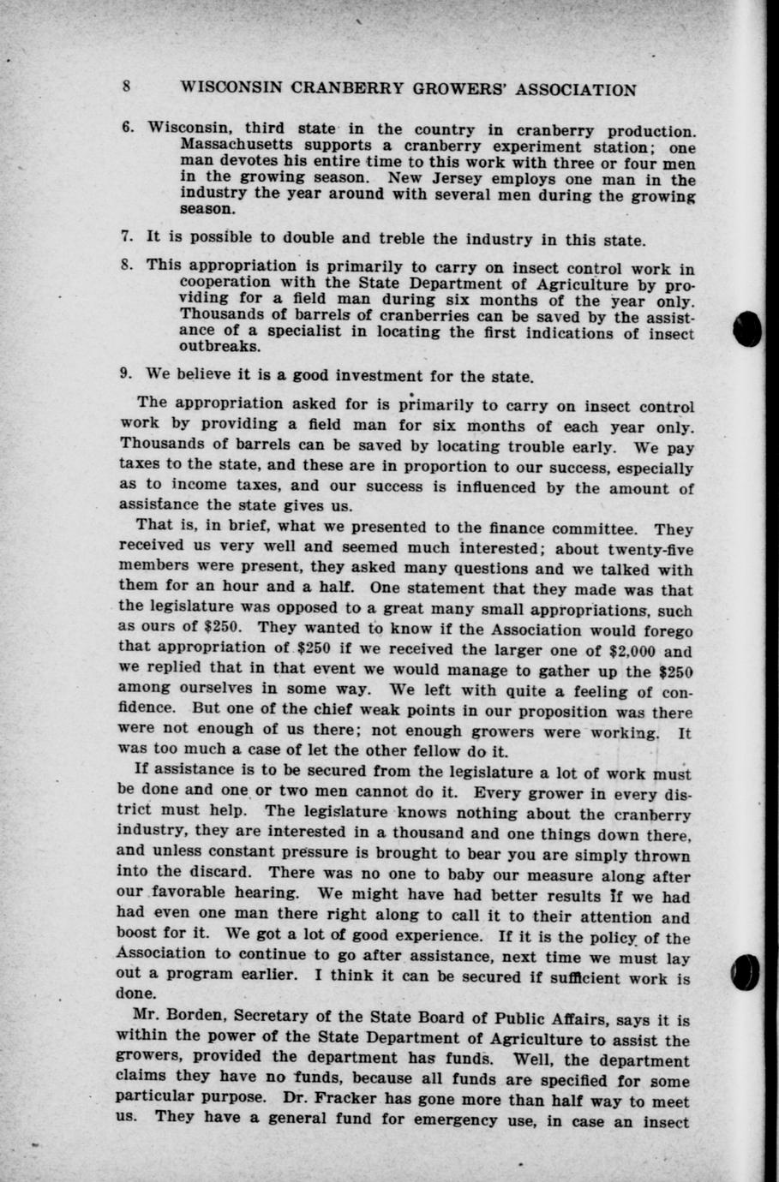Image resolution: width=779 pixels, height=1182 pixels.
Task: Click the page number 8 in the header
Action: (126, 87)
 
